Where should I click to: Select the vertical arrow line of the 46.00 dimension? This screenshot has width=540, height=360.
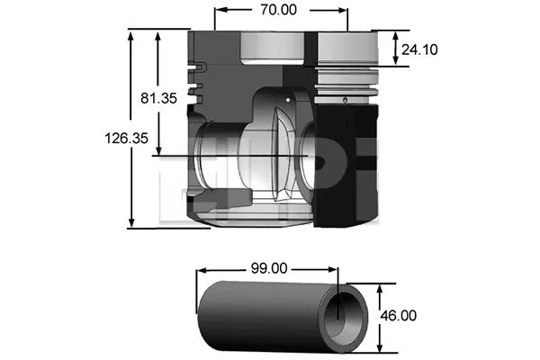[382, 316]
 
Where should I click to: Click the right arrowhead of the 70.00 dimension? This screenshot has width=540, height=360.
[343, 12]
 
